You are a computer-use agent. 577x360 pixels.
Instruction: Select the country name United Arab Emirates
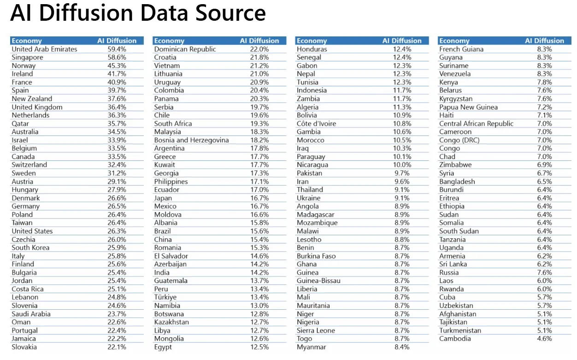(x=44, y=49)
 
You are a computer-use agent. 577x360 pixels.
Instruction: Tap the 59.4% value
(x=117, y=49)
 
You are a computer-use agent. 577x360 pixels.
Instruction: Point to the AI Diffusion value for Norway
(x=117, y=65)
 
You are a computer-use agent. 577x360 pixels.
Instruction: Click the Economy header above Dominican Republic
(x=169, y=41)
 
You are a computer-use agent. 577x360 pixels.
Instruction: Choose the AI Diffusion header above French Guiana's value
(x=544, y=41)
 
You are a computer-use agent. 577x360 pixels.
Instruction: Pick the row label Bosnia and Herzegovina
(x=191, y=140)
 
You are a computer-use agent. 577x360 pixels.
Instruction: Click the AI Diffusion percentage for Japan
(x=259, y=198)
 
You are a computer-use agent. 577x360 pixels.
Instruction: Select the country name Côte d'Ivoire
(x=317, y=124)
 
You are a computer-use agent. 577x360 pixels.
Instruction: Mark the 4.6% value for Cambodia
(x=544, y=338)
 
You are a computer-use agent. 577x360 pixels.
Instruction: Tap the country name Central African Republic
(x=476, y=124)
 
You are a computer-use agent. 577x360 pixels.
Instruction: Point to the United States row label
(x=32, y=231)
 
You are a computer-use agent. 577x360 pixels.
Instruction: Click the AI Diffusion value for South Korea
(x=117, y=248)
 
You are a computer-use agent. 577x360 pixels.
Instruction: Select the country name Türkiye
(x=165, y=297)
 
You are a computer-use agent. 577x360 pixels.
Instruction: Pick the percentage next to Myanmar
(x=402, y=347)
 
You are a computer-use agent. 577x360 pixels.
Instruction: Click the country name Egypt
(x=163, y=347)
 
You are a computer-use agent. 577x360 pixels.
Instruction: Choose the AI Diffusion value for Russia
(x=544, y=272)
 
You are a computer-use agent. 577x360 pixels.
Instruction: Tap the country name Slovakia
(x=24, y=347)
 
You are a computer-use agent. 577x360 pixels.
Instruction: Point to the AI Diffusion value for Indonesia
(x=402, y=90)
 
